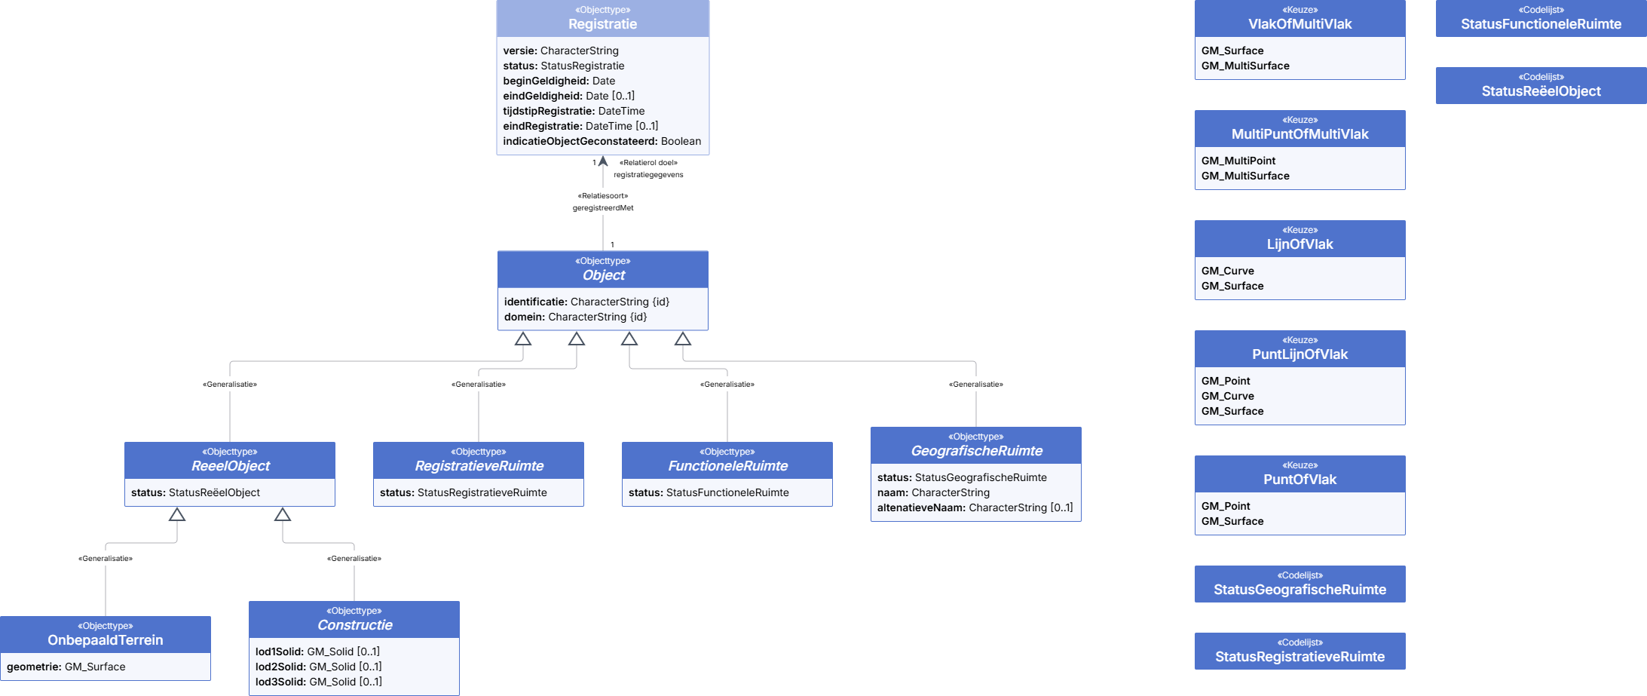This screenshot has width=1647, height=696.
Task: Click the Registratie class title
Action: (602, 24)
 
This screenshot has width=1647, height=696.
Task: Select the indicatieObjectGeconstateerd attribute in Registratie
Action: (602, 141)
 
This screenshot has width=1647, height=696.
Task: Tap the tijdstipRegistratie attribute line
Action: (574, 111)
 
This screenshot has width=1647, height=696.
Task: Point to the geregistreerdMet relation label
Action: (603, 208)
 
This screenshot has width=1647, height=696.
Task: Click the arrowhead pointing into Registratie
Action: (603, 161)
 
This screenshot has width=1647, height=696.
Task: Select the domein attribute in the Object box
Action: (576, 317)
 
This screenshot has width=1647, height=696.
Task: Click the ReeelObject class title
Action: (230, 466)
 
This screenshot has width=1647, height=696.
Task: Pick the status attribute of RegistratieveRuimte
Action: (464, 492)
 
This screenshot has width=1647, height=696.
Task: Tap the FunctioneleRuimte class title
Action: (727, 466)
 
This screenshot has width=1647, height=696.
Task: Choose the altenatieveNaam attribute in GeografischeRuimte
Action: (975, 507)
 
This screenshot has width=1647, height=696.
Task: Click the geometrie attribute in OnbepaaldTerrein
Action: (66, 667)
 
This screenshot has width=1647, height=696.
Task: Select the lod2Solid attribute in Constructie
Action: (319, 667)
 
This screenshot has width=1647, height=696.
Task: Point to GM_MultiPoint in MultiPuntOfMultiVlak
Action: (1238, 161)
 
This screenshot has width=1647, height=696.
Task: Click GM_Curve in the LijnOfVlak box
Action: (1228, 271)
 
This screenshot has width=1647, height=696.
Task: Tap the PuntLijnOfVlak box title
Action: (1300, 354)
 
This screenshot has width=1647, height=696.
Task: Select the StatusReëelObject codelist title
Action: (1541, 91)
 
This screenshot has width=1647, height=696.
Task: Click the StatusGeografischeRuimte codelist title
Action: (1300, 590)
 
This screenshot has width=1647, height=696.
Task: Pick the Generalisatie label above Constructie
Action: (354, 559)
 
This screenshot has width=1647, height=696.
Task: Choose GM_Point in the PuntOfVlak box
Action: (1226, 506)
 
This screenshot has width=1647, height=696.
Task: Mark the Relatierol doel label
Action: (648, 163)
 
